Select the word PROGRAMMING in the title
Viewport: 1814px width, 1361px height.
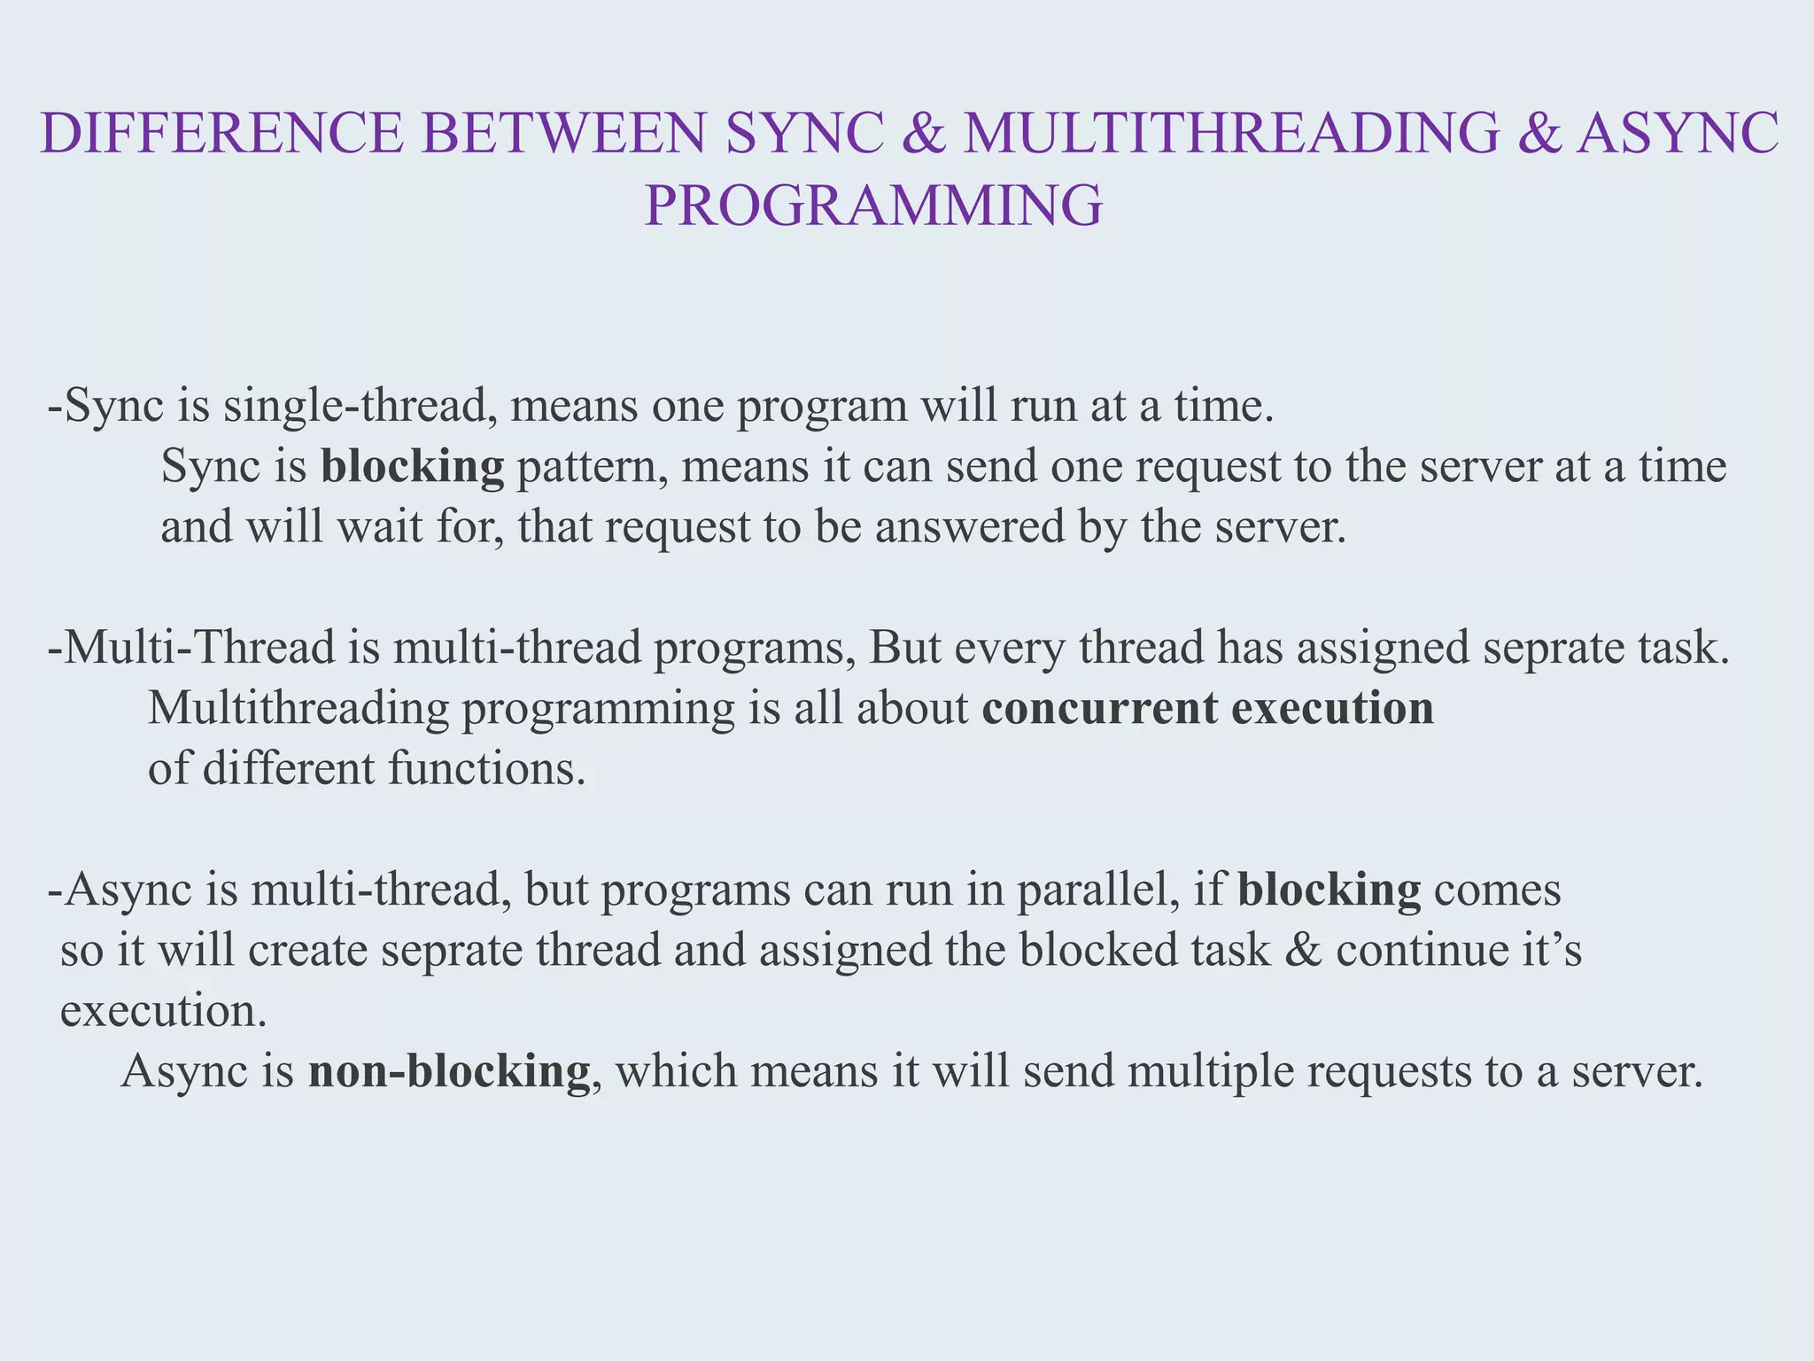pyautogui.click(x=873, y=206)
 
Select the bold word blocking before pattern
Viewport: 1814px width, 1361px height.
pyautogui.click(x=412, y=467)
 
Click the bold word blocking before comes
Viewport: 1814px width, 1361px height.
pyautogui.click(x=1329, y=890)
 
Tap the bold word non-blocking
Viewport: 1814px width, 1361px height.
pyautogui.click(x=448, y=1071)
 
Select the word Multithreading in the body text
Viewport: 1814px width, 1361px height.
pyautogui.click(x=298, y=709)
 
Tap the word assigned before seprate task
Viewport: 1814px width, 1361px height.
pyautogui.click(x=1383, y=648)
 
